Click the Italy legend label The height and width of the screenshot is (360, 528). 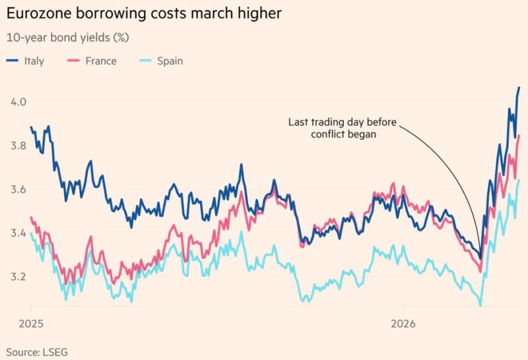click(34, 61)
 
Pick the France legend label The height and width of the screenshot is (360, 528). click(101, 61)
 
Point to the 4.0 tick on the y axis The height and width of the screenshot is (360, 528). click(18, 102)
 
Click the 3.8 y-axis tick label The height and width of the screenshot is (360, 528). click(18, 146)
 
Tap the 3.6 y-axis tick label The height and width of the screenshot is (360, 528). click(18, 190)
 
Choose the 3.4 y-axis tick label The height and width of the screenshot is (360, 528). click(18, 233)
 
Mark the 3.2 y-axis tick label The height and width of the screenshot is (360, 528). click(18, 277)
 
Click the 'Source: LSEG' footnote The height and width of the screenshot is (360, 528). click(37, 351)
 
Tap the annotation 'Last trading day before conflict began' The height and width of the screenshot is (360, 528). click(343, 127)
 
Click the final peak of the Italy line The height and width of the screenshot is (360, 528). click(519, 87)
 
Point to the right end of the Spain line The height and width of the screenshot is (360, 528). click(519, 180)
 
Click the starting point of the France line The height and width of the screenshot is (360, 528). click(31, 217)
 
